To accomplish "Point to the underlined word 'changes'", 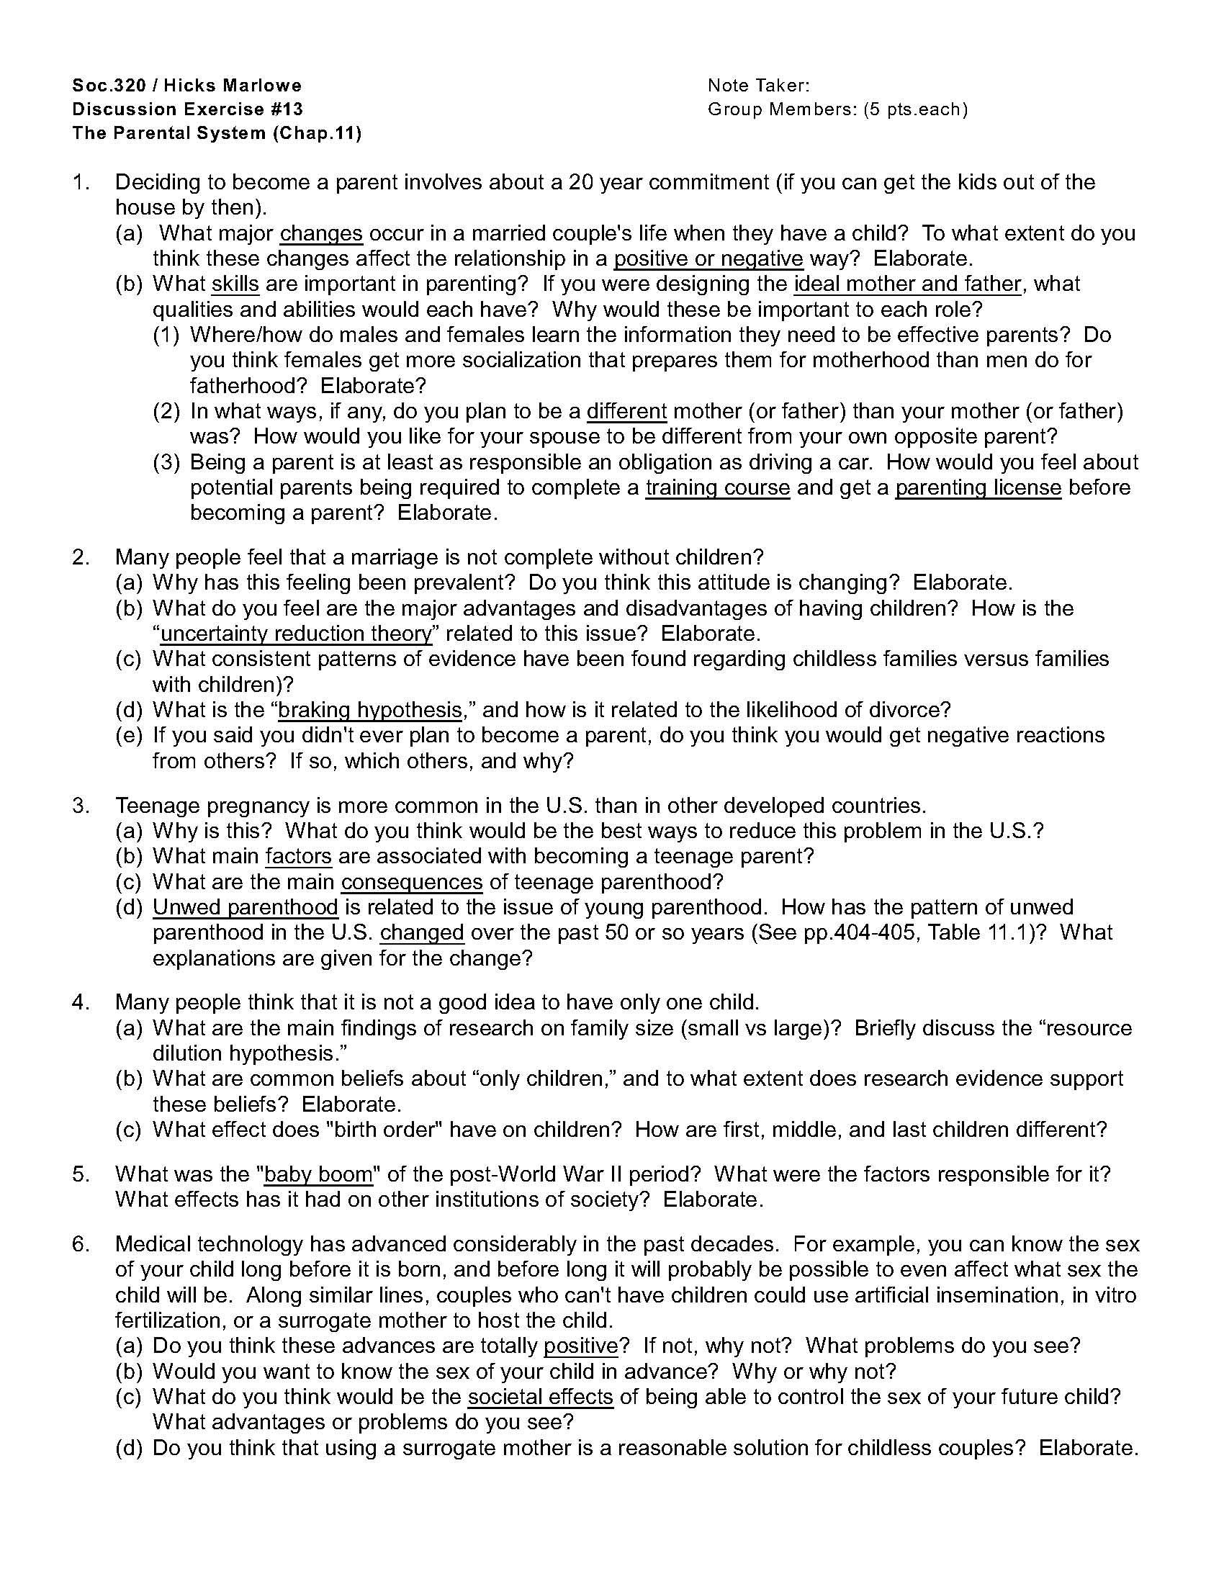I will [321, 233].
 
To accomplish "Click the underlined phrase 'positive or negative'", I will [708, 259].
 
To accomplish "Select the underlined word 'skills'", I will [235, 284].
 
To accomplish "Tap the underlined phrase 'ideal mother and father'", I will [908, 284].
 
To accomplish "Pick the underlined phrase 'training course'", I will [717, 487].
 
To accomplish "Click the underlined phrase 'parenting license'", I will [978, 487].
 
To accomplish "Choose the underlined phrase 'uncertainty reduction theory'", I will [296, 634].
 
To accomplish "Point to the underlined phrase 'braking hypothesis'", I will [370, 709].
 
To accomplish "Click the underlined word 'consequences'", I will [412, 882].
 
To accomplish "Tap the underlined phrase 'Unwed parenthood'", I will [245, 907].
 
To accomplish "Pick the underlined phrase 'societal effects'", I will [540, 1396].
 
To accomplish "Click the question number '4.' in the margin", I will [80, 1002].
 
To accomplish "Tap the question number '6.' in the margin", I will [80, 1245].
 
